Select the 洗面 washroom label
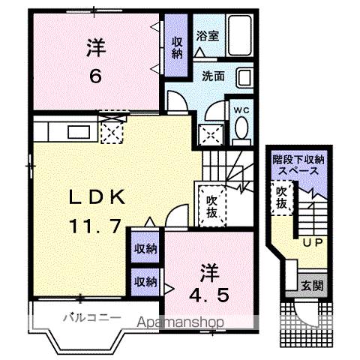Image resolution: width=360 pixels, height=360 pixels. pyautogui.click(x=213, y=76)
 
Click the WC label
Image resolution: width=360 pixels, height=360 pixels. pyautogui.click(x=241, y=110)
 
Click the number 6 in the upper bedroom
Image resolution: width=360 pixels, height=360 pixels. pyautogui.click(x=96, y=76)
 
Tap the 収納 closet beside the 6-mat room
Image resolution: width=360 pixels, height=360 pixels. pyautogui.click(x=176, y=47)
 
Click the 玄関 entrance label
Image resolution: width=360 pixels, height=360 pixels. pyautogui.click(x=311, y=285)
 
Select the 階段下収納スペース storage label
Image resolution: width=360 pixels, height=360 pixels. pyautogui.click(x=298, y=165)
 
